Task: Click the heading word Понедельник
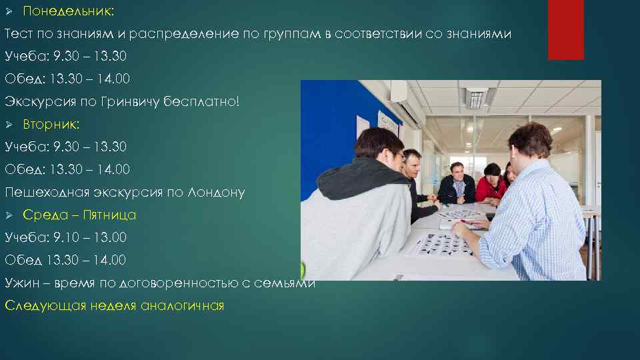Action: click(x=68, y=11)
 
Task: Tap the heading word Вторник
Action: click(x=51, y=125)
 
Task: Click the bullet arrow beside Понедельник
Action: click(x=9, y=11)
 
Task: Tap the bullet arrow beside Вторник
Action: click(x=9, y=125)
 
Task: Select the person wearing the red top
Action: click(x=492, y=184)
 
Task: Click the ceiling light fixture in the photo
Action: click(x=476, y=97)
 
